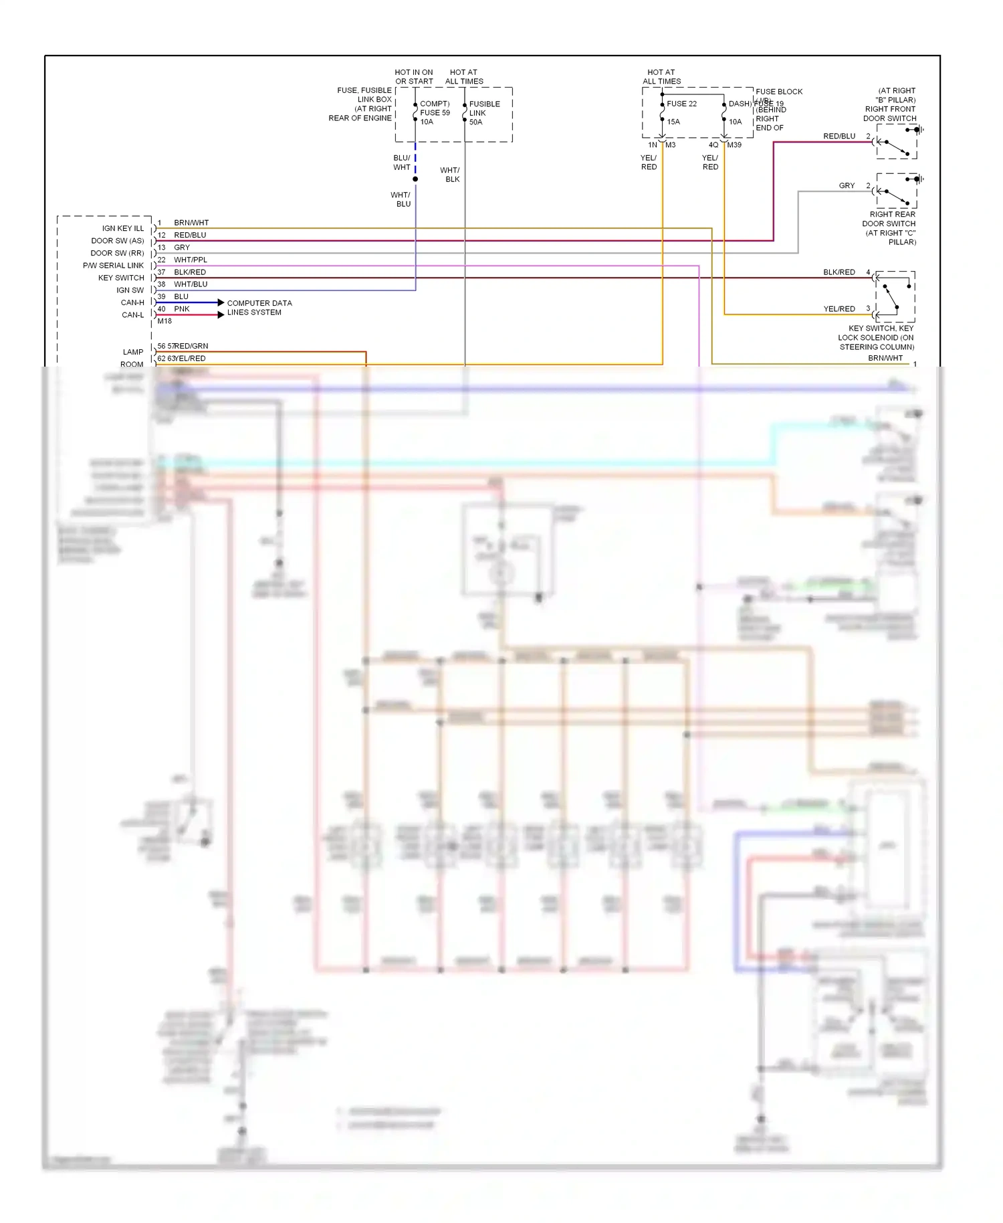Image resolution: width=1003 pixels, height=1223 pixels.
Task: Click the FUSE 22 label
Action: [681, 104]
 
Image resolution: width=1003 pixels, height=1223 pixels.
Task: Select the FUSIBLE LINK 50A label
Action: [484, 113]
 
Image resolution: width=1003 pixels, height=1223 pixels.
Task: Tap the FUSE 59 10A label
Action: [435, 113]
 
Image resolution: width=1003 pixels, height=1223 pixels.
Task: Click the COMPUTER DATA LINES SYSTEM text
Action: [259, 308]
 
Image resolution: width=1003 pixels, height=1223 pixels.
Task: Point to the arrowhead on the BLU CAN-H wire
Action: [221, 302]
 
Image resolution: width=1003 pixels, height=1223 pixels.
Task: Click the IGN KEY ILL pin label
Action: [122, 228]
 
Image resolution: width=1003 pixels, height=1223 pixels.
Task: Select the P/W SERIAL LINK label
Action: [113, 266]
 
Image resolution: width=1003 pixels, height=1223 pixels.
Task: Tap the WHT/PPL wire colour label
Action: [191, 260]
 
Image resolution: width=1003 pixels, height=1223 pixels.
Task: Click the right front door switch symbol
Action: [896, 143]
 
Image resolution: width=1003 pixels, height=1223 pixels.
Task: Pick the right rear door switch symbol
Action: [896, 192]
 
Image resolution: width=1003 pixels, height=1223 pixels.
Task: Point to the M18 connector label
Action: [164, 321]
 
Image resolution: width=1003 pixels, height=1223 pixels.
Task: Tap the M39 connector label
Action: [734, 145]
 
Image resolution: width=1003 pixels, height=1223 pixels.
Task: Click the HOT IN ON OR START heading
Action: [414, 77]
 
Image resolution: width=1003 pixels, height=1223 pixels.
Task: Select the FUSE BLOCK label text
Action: [779, 92]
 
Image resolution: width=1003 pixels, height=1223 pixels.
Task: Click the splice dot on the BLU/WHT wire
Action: [415, 179]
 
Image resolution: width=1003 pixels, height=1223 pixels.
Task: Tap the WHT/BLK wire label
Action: [449, 175]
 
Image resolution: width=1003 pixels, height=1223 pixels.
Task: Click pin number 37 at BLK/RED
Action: [161, 272]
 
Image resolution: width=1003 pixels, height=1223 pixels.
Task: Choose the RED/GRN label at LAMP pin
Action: [191, 346]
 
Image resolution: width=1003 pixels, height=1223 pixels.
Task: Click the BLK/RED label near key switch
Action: [839, 272]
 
